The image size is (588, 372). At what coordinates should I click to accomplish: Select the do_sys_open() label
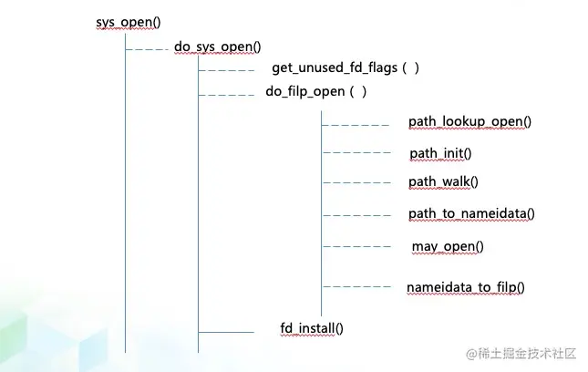pyautogui.click(x=217, y=46)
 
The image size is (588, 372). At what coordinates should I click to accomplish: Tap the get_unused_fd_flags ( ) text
pyautogui.click(x=345, y=68)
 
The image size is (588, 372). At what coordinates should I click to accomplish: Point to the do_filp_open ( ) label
pyautogui.click(x=315, y=91)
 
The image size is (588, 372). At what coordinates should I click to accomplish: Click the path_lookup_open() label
pyautogui.click(x=469, y=121)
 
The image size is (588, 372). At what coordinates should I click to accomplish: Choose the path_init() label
pyautogui.click(x=440, y=152)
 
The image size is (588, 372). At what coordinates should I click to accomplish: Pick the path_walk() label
pyautogui.click(x=443, y=181)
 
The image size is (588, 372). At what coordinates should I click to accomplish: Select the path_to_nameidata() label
pyautogui.click(x=470, y=213)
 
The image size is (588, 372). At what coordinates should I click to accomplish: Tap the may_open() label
pyautogui.click(x=447, y=246)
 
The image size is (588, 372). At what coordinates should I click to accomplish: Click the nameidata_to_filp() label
pyautogui.click(x=465, y=287)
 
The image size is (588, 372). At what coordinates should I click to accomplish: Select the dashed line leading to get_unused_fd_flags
pyautogui.click(x=226, y=70)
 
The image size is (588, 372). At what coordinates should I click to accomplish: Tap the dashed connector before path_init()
pyautogui.click(x=356, y=152)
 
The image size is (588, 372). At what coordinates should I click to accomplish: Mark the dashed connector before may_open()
pyautogui.click(x=356, y=246)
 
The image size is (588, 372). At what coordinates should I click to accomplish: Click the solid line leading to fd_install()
pyautogui.click(x=226, y=332)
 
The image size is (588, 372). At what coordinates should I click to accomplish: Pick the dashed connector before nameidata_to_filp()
pyautogui.click(x=356, y=286)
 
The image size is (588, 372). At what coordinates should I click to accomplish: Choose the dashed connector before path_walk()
pyautogui.click(x=356, y=182)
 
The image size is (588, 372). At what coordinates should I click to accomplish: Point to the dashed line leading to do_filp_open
pyautogui.click(x=226, y=94)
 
